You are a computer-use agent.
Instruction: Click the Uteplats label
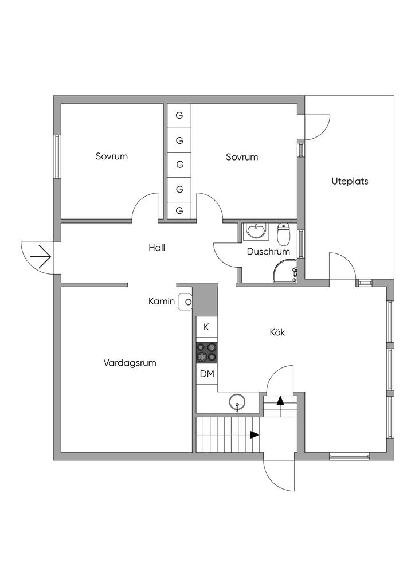(x=350, y=181)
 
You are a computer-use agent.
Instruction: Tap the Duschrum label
(x=268, y=252)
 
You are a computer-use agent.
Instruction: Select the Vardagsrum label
(x=130, y=363)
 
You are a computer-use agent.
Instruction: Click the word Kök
(x=277, y=332)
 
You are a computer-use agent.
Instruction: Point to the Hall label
(x=156, y=248)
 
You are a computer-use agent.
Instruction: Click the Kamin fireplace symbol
(x=186, y=301)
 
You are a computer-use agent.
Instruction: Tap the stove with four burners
(x=207, y=353)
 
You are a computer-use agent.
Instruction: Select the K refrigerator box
(x=207, y=327)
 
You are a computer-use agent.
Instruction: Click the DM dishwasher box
(x=207, y=374)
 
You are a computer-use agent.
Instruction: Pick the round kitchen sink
(x=237, y=402)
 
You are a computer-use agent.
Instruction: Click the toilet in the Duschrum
(x=284, y=234)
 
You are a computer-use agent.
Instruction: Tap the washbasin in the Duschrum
(x=255, y=232)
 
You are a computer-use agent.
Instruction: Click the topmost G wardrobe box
(x=179, y=115)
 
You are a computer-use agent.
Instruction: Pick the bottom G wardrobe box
(x=179, y=210)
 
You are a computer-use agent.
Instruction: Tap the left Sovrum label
(x=112, y=156)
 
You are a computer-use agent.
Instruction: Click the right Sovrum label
(x=242, y=156)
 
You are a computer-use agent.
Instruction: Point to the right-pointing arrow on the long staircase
(x=253, y=435)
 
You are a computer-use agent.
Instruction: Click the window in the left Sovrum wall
(x=57, y=156)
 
